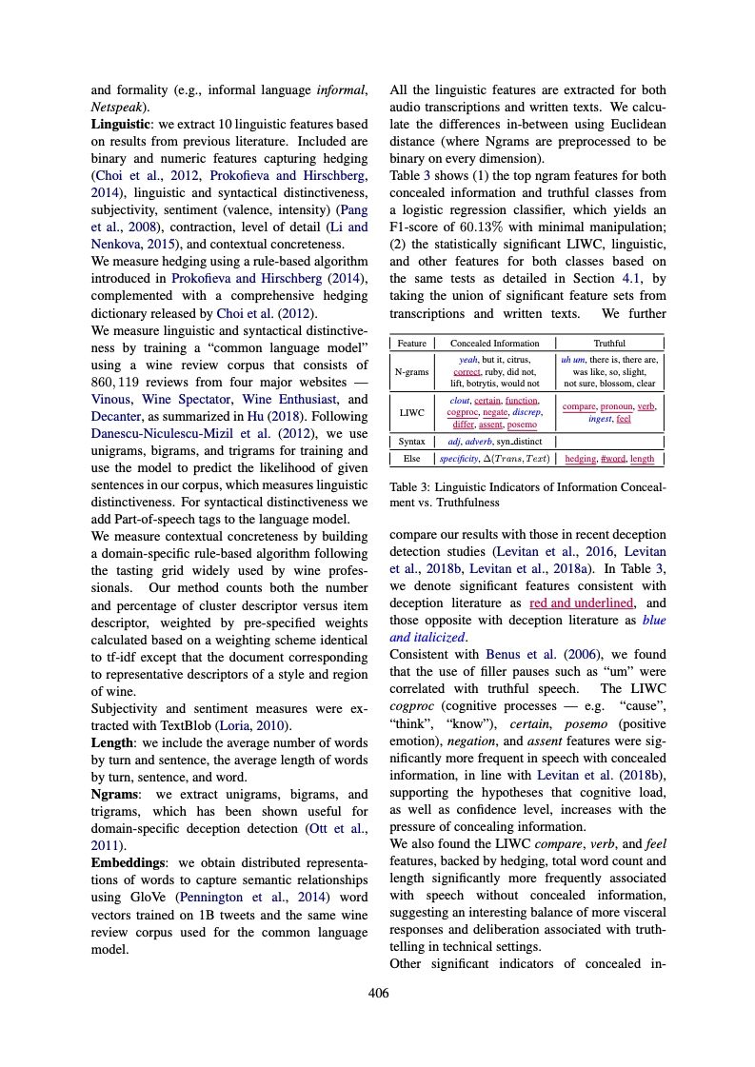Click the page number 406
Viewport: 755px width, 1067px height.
pyautogui.click(x=378, y=994)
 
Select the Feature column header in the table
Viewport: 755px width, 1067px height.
pyautogui.click(x=411, y=343)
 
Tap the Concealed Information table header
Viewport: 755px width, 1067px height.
pyautogui.click(x=494, y=343)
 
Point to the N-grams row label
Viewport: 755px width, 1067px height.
pyautogui.click(x=411, y=371)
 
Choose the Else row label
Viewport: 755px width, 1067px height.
pyautogui.click(x=411, y=459)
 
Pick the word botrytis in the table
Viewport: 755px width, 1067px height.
pyautogui.click(x=488, y=384)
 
